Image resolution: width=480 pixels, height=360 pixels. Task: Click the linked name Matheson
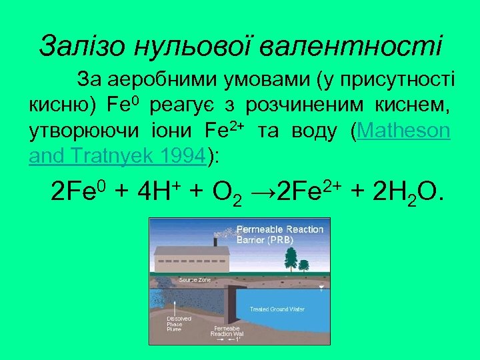click(x=404, y=131)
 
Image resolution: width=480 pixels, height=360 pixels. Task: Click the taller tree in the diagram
click(x=289, y=257)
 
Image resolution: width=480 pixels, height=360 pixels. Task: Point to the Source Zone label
click(x=195, y=280)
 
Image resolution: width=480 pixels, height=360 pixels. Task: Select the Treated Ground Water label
click(x=277, y=309)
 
